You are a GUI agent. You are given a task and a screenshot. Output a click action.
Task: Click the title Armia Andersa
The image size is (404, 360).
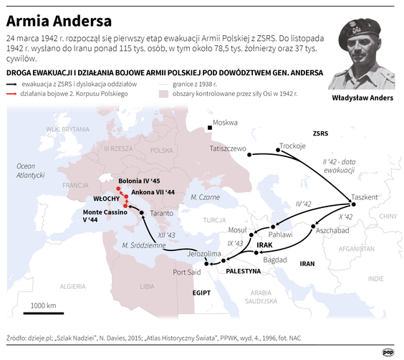coord(56,17)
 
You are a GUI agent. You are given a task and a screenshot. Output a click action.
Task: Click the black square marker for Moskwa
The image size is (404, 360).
coord(210,128)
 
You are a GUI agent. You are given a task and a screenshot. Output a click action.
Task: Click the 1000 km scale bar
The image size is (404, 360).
coord(44,311)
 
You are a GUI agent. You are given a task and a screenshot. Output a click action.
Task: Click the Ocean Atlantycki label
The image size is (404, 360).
coord(31,170)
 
